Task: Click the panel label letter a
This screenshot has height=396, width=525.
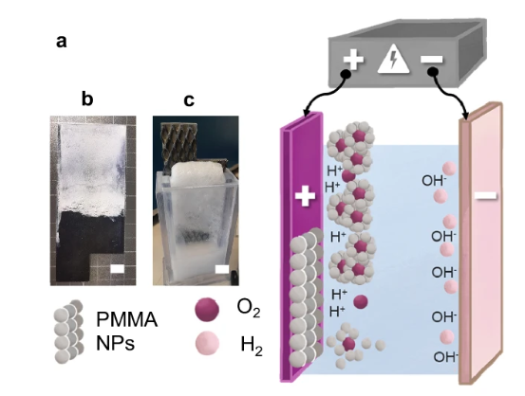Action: coord(62,42)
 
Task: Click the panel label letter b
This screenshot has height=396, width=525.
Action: coord(87,99)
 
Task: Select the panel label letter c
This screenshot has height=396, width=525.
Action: coord(189,99)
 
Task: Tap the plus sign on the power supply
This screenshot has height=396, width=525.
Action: coord(353,60)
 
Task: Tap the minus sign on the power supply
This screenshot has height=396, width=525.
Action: coord(432,60)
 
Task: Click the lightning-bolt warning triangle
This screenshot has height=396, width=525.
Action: coord(393,59)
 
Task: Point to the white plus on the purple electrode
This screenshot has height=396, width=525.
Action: coord(305,196)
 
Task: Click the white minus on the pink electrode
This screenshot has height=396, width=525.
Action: coord(486,196)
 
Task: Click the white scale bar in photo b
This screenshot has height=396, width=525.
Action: coord(117,269)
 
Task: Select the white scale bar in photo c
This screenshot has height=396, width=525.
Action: coord(222,269)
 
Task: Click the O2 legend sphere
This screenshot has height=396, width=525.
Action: coord(207,310)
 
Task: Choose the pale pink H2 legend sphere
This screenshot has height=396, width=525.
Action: coord(207,343)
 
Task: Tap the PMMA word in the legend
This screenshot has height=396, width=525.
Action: coord(126,319)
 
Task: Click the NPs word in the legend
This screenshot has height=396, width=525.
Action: coord(115,343)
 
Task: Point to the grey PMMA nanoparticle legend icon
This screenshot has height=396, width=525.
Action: coord(68,332)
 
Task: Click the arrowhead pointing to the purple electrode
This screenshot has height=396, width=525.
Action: coord(306,113)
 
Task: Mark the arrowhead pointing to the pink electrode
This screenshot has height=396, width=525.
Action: coord(465,116)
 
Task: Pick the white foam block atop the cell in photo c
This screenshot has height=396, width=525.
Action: coord(197,172)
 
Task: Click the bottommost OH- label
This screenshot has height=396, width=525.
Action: coord(445,357)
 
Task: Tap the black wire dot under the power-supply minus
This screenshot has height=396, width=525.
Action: coord(433,71)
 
